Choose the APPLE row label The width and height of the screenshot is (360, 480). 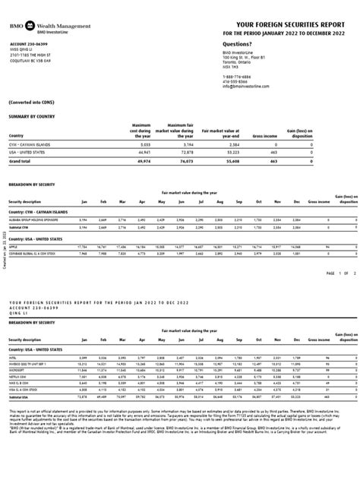coord(14,247)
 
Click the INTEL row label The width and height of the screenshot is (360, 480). coord(14,356)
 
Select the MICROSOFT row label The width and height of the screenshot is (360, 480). coord(18,368)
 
